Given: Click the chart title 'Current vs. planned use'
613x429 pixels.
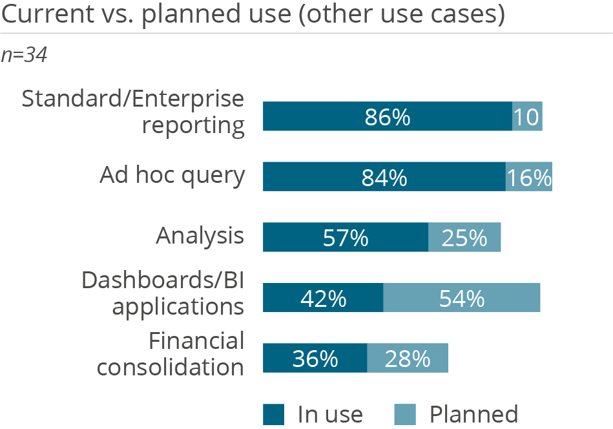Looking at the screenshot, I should pyautogui.click(x=253, y=15).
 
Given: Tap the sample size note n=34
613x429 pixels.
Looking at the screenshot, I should pyautogui.click(x=24, y=56).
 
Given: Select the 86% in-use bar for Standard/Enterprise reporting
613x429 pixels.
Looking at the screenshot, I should pyautogui.click(x=387, y=117).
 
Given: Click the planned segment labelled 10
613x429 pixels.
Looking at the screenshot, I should pyautogui.click(x=527, y=117).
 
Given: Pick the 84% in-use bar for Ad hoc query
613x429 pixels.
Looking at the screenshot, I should pyautogui.click(x=384, y=177).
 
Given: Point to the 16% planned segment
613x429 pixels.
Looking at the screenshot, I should pyautogui.click(x=529, y=177).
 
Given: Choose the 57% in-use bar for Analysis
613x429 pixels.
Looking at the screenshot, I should pyautogui.click(x=345, y=237).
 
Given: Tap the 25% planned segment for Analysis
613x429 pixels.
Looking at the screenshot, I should pyautogui.click(x=464, y=237).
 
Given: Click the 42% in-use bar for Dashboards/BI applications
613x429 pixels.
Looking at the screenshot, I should pyautogui.click(x=322, y=298).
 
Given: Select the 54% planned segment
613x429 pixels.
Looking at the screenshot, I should pyautogui.click(x=462, y=298).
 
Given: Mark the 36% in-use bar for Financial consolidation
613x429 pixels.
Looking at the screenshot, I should pyautogui.click(x=315, y=358).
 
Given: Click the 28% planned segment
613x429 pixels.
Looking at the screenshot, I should pyautogui.click(x=408, y=358).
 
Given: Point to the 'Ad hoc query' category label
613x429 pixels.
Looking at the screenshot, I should pyautogui.click(x=172, y=176).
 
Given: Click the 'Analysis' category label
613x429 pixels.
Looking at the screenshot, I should pyautogui.click(x=200, y=236).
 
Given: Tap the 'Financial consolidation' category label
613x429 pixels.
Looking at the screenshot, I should pyautogui.click(x=171, y=353).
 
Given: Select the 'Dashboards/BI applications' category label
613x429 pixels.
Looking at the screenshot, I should pyautogui.click(x=163, y=293).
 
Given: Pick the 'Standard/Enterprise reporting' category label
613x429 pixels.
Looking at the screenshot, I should pyautogui.click(x=134, y=112).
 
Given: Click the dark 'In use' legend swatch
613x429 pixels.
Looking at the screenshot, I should pyautogui.click(x=273, y=414).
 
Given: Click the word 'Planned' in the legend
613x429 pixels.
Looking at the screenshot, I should pyautogui.click(x=473, y=413).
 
